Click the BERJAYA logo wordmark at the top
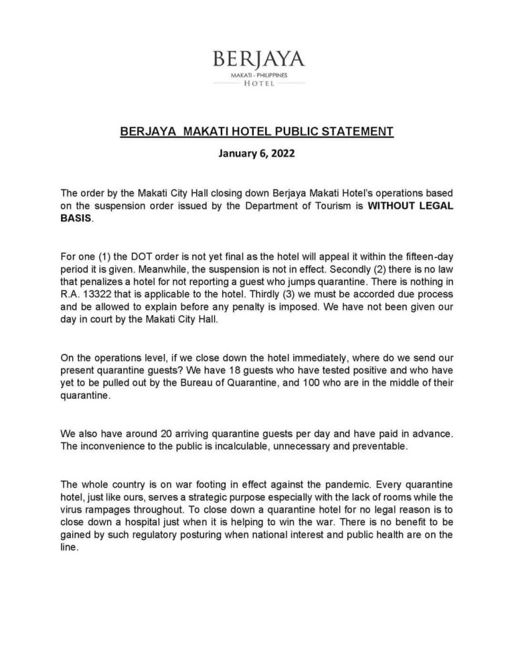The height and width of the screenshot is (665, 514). tap(258, 60)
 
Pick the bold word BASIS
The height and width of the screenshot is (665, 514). tap(74, 219)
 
